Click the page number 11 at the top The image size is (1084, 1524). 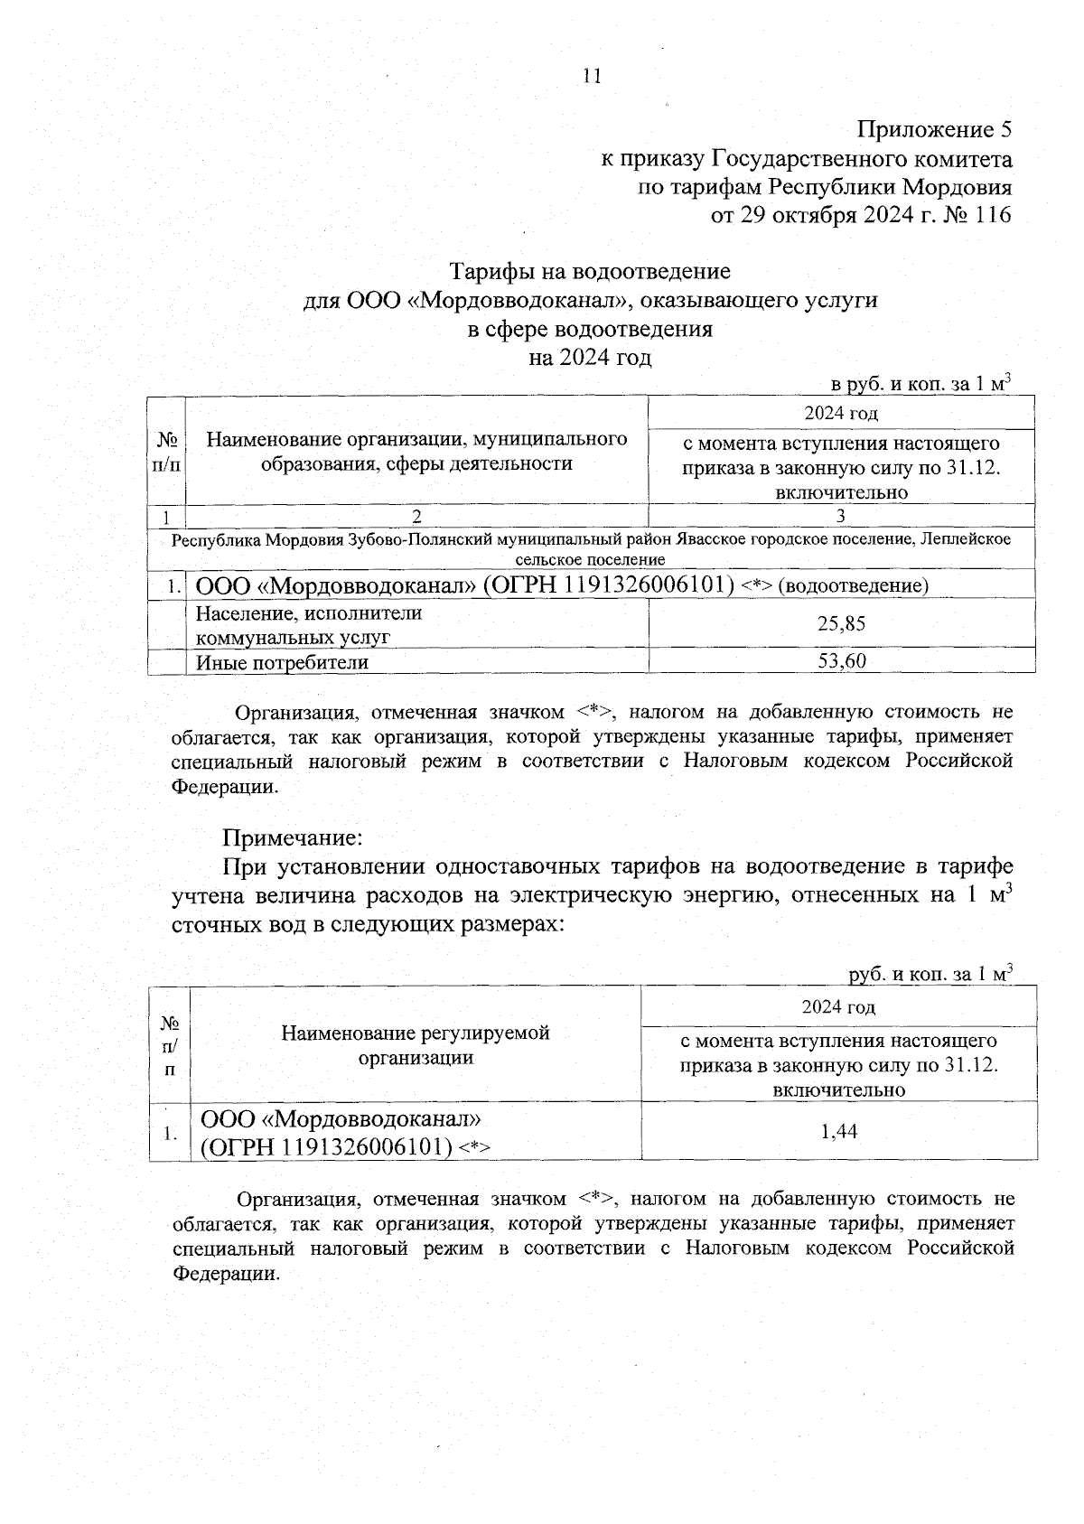(592, 76)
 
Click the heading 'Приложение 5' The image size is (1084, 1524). (934, 130)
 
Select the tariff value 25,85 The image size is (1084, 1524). (841, 623)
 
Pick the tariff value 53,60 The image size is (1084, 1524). (841, 661)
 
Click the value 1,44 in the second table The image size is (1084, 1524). (838, 1130)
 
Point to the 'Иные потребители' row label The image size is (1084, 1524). (283, 662)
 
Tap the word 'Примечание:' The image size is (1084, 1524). (293, 837)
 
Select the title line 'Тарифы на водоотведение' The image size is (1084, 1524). (590, 271)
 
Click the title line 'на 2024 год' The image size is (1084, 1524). (590, 358)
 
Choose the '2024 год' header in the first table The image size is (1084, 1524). (841, 414)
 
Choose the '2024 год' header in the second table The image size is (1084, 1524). (838, 1006)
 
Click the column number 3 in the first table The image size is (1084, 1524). (841, 517)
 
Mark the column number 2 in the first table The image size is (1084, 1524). (416, 517)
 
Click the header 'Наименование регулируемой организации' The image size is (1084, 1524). (416, 1044)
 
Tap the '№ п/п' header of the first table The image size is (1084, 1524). (166, 452)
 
